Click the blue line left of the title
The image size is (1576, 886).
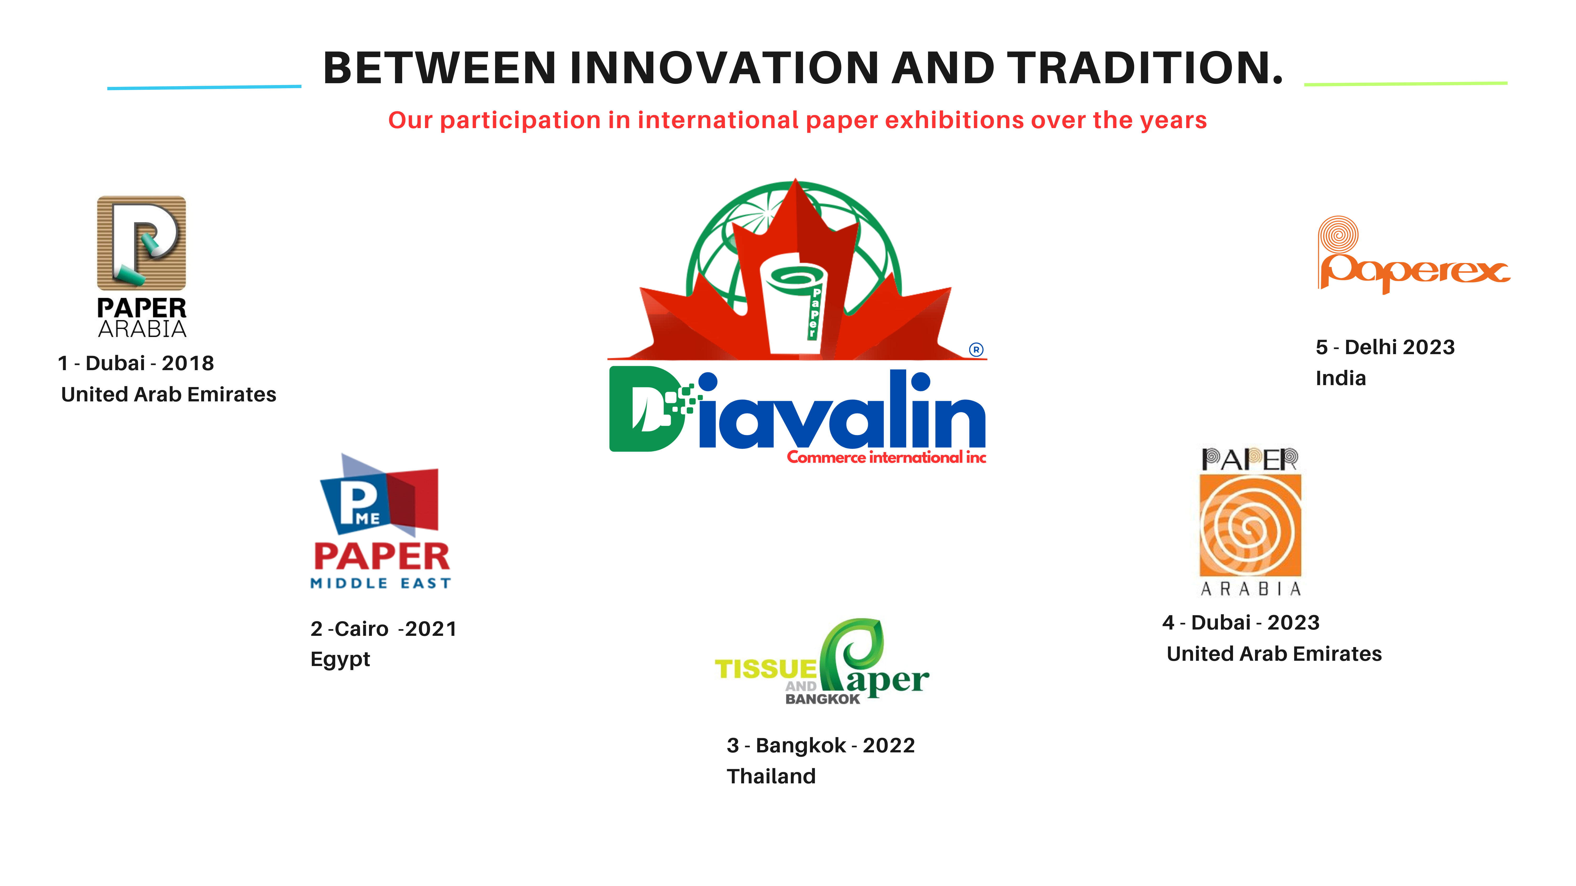[204, 87]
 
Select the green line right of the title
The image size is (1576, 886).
[1406, 83]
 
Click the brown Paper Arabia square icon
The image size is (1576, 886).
[141, 243]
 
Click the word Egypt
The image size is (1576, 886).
[340, 660]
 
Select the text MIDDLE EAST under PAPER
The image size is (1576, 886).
[381, 583]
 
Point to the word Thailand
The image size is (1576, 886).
[771, 777]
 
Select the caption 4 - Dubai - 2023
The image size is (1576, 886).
[1241, 622]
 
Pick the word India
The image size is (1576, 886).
[1340, 379]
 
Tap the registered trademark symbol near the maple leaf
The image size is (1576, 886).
[976, 350]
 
